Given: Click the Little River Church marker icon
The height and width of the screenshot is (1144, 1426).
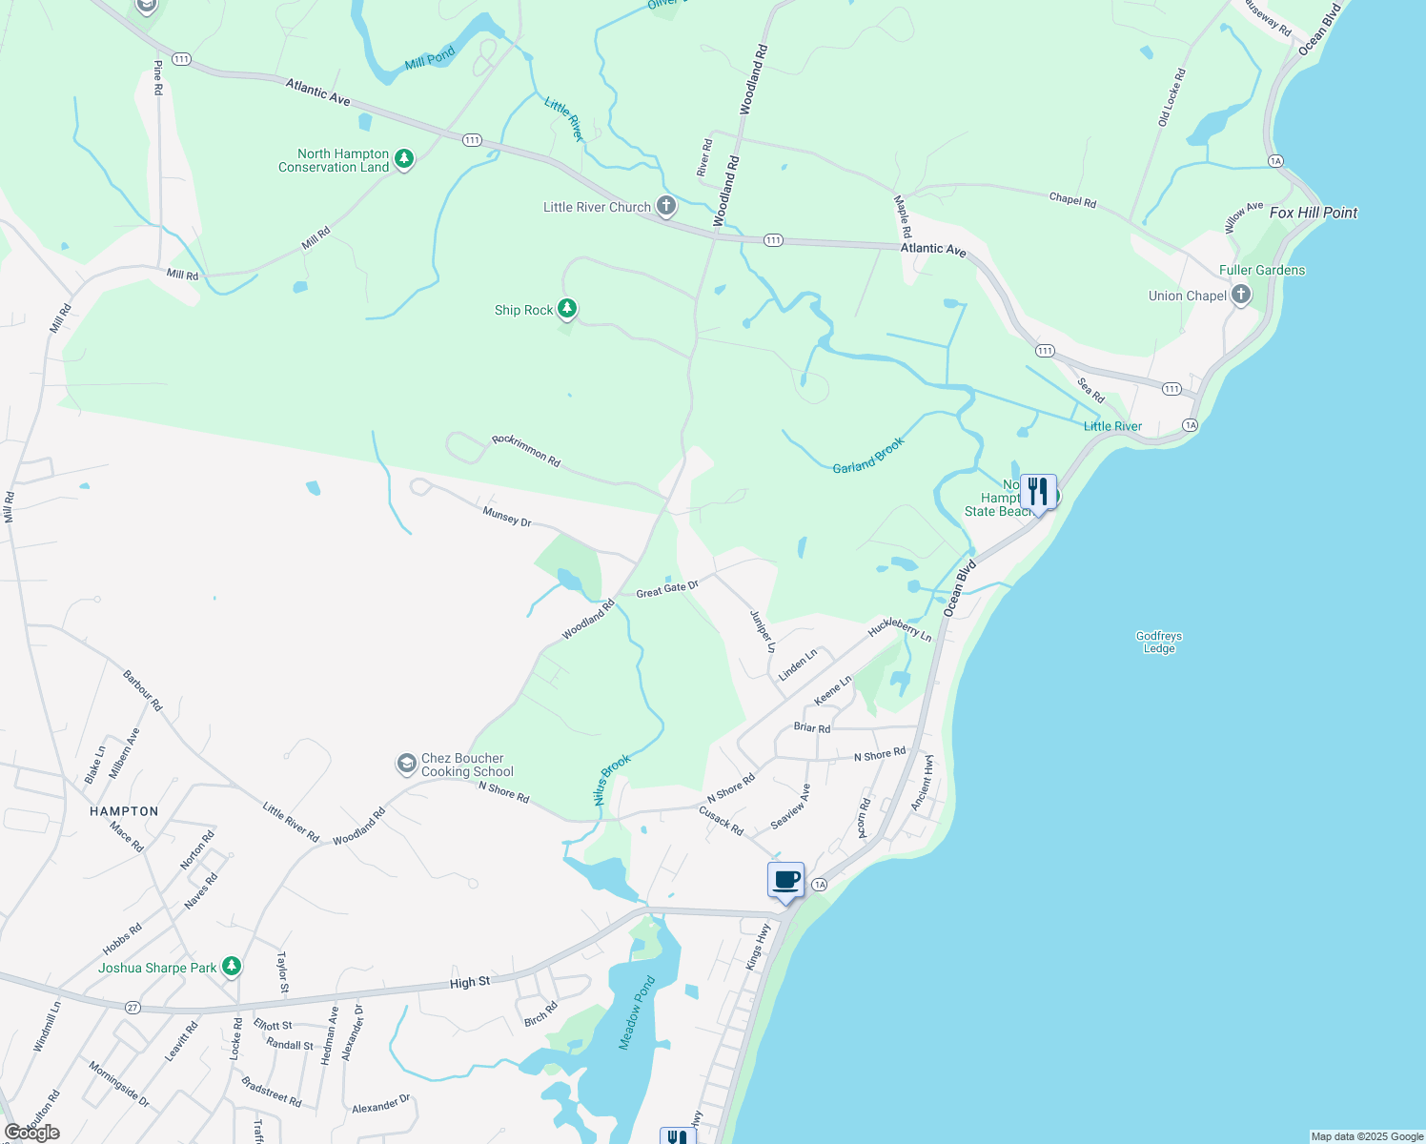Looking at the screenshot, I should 665,206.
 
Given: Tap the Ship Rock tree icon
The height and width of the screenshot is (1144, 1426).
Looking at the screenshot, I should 567,308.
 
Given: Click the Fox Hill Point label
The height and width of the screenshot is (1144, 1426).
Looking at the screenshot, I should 1313,213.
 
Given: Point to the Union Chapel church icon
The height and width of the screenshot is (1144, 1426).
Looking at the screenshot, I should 1240,295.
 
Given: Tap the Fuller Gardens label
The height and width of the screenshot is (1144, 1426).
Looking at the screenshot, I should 1261,270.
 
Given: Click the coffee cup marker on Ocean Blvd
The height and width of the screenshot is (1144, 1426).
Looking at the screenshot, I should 786,880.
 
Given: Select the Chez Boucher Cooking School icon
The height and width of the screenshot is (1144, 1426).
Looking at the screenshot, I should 407,764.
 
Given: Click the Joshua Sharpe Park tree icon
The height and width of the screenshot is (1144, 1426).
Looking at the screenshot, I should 231,967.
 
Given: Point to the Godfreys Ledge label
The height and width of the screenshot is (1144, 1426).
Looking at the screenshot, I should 1158,642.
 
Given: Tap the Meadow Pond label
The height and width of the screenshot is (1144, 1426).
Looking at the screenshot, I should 637,1012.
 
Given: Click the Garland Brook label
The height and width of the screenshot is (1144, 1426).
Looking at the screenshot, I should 867,456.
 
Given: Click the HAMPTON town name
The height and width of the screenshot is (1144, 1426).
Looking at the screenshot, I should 124,811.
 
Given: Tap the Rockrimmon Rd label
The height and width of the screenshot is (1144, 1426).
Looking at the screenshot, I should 526,450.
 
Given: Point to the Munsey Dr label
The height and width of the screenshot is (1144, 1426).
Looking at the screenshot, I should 507,517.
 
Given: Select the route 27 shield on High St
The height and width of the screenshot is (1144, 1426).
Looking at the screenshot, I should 132,1007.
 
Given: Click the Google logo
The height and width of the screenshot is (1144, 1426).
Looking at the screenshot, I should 32,1133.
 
